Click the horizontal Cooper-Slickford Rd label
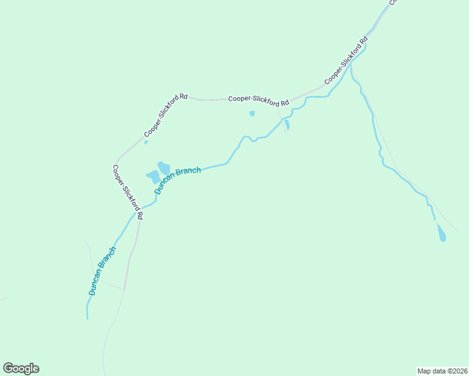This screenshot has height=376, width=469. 258,99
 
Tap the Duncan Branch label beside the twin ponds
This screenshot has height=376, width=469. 177,180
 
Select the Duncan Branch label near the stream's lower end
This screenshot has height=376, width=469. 102,271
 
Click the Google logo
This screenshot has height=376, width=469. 21,368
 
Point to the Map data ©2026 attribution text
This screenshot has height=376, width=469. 442,370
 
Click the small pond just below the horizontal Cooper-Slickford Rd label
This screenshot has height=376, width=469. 252,113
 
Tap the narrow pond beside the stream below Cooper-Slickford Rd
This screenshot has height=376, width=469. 287,125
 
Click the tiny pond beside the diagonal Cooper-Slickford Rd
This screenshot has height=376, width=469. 146,142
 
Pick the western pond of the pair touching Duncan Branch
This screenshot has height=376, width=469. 152,177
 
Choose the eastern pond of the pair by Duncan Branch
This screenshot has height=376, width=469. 164,167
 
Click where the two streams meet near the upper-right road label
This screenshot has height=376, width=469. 350,63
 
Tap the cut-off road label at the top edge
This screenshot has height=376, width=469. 393,3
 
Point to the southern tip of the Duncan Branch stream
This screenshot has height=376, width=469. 87,318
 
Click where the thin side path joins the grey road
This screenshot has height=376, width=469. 124,290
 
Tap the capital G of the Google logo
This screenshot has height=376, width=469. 8,368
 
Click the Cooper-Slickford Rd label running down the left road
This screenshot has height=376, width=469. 128,192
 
